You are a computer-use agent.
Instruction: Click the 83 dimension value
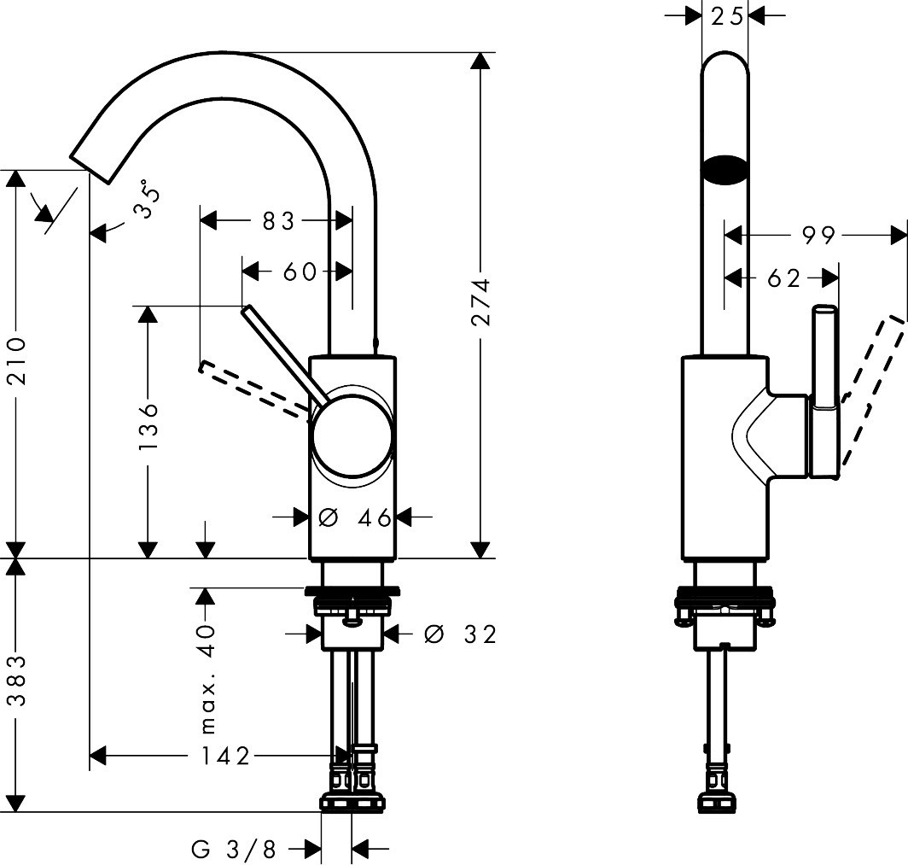277,221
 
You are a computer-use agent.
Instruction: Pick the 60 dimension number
299,272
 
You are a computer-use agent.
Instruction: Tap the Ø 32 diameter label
459,634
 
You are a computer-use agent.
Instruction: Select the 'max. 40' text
207,678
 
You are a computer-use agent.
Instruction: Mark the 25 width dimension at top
725,15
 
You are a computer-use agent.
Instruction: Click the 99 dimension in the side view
818,235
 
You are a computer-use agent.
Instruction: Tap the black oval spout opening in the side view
725,168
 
